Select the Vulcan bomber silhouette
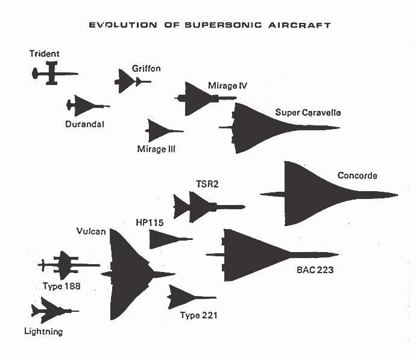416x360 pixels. (127, 274)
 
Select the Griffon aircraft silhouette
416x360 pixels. (127, 81)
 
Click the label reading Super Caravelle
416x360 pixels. (307, 113)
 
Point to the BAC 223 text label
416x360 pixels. (315, 270)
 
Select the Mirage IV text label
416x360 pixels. (228, 86)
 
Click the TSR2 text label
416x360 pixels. (207, 184)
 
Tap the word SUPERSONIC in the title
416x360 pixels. (223, 25)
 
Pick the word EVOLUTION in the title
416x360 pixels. (123, 25)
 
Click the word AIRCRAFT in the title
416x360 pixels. (300, 25)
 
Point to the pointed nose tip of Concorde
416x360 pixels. (398, 195)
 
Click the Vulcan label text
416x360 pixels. (91, 232)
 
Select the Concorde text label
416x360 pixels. (357, 175)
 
